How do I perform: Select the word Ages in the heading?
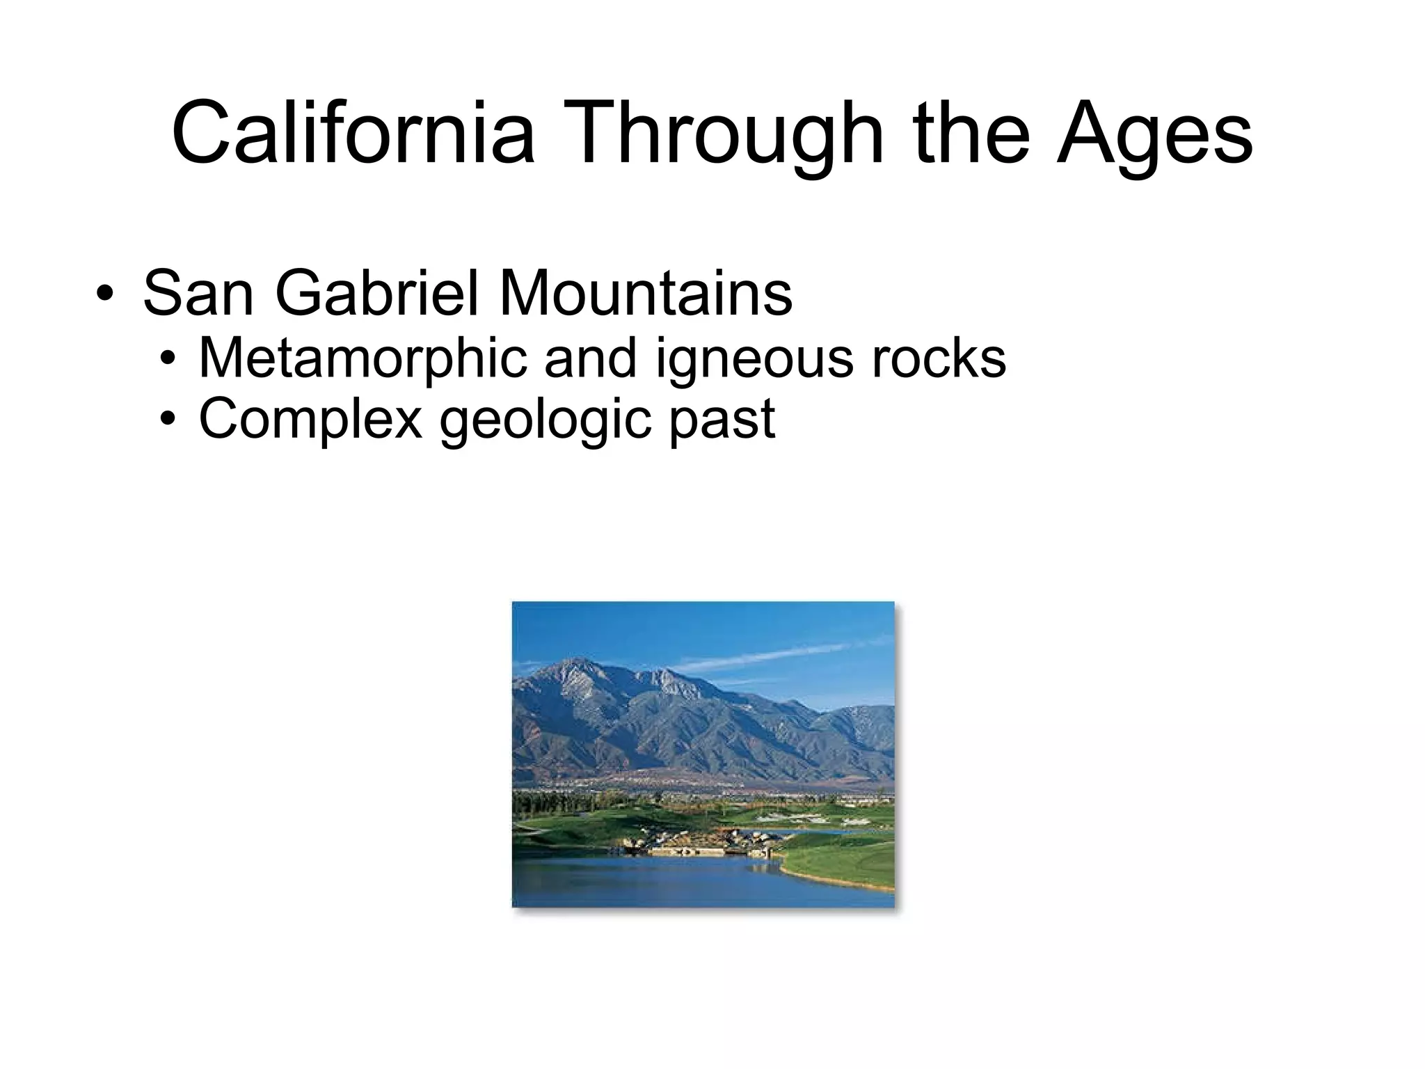[x=1154, y=134]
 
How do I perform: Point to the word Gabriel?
[x=379, y=293]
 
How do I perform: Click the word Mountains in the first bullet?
[x=645, y=293]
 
